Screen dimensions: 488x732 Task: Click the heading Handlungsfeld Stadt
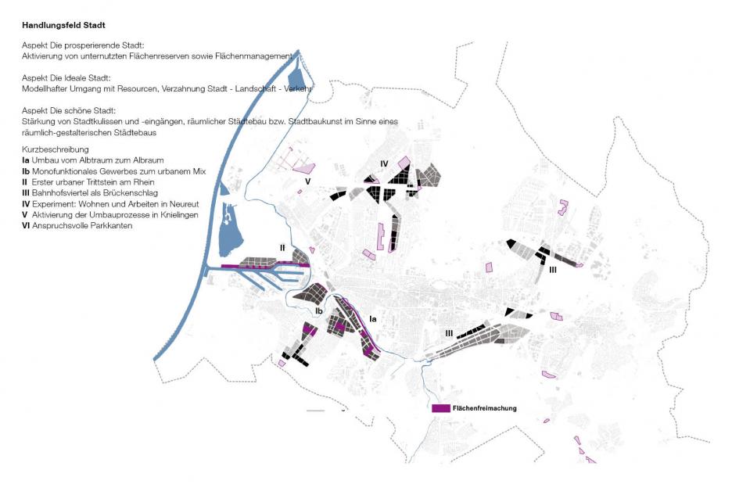tap(70, 26)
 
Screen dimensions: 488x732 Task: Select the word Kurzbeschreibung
tap(56, 149)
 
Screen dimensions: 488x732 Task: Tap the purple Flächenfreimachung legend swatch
tap(441, 408)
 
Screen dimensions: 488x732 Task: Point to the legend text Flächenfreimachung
tap(485, 408)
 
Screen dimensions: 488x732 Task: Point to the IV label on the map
tap(384, 163)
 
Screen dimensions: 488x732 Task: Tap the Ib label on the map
tap(319, 310)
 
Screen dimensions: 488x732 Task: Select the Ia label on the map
tap(372, 318)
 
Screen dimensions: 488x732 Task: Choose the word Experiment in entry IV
tap(56, 203)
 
